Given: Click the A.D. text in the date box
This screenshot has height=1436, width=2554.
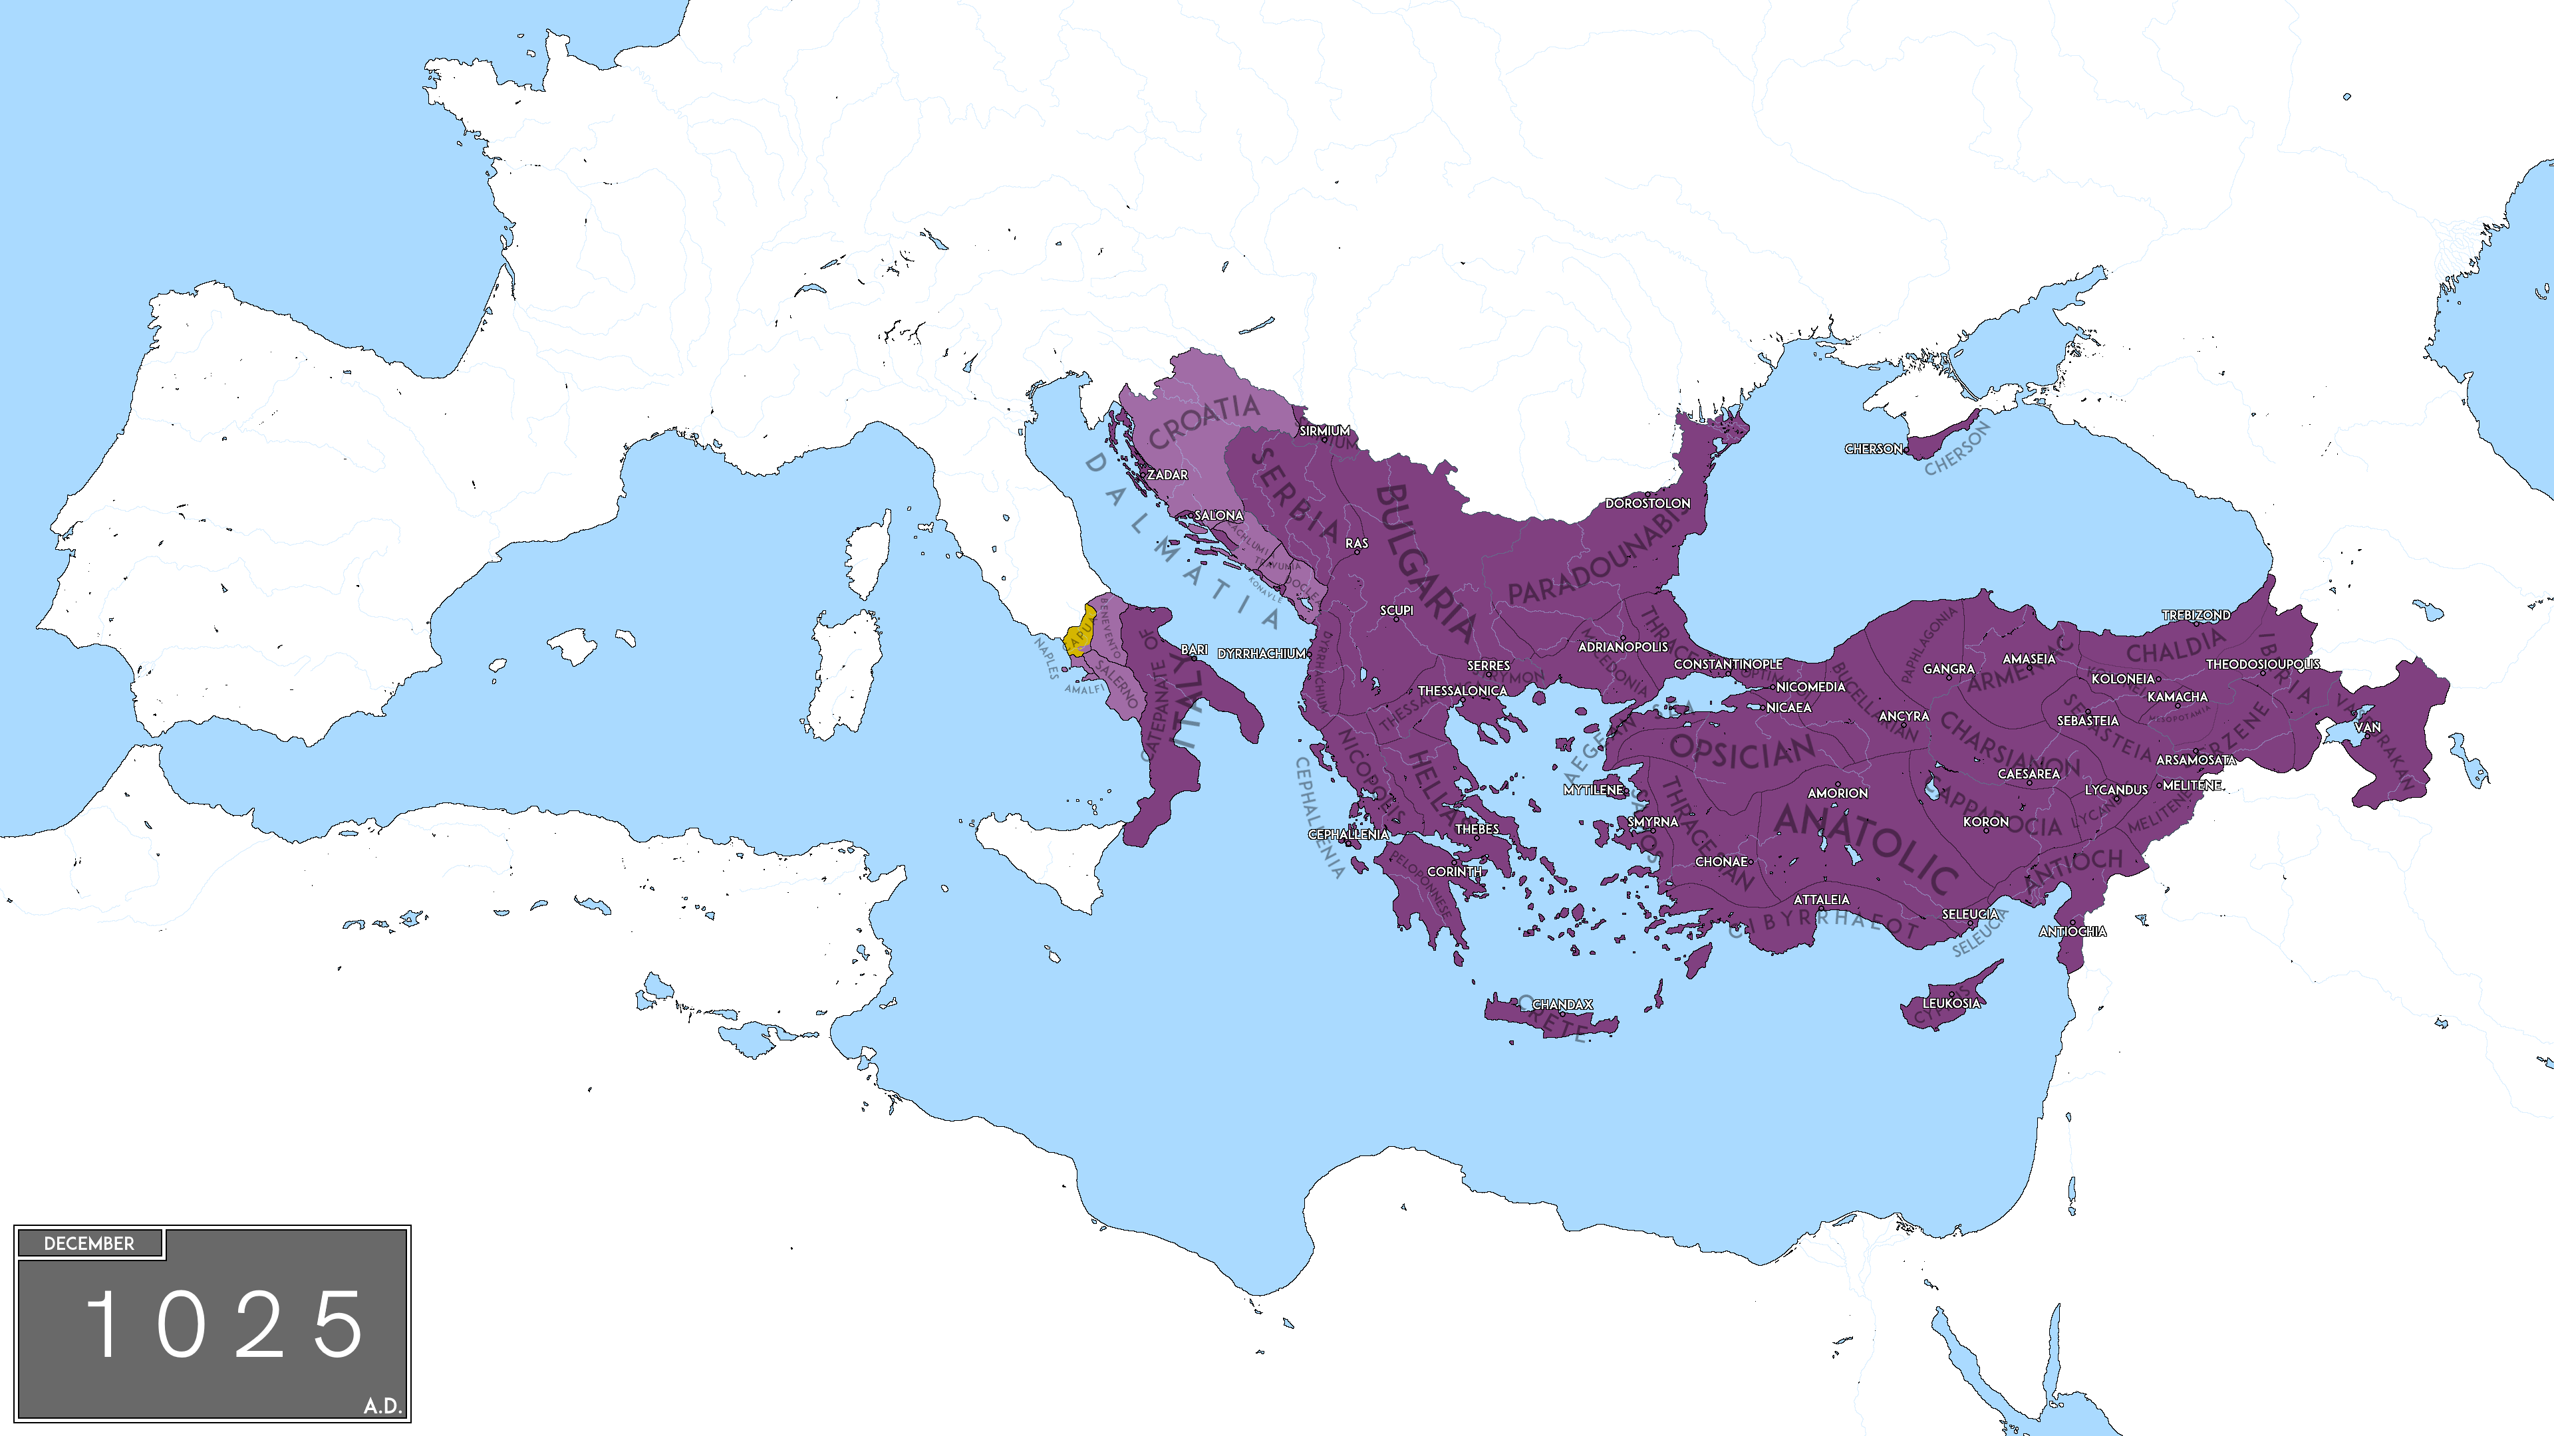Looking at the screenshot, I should click(382, 1405).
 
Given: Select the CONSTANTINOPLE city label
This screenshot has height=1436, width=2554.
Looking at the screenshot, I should click(1727, 664).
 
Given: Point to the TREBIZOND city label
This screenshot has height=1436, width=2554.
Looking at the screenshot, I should click(2196, 616).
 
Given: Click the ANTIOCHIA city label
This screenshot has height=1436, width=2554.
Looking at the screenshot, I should click(2072, 931).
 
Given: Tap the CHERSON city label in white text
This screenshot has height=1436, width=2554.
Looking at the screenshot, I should click(1873, 449).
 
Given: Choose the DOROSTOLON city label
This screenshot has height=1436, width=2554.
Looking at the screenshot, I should click(1647, 503).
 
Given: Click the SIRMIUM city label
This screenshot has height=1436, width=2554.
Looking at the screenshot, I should click(1325, 431).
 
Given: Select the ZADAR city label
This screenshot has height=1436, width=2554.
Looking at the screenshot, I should click(1167, 475).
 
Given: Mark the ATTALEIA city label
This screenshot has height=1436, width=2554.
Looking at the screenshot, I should click(1821, 900).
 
